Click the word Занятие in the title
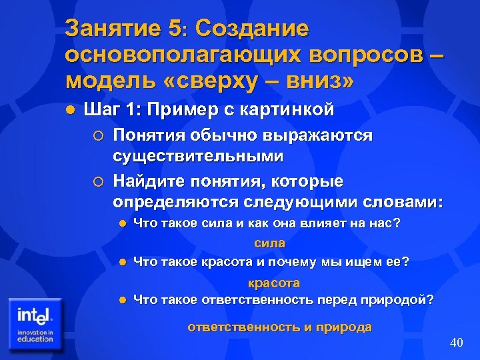[x=112, y=29]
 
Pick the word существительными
[x=198, y=157]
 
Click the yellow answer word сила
[x=269, y=243]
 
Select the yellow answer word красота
[x=274, y=283]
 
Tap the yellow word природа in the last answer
[x=346, y=327]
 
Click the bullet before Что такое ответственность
[x=121, y=300]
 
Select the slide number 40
[x=456, y=343]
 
